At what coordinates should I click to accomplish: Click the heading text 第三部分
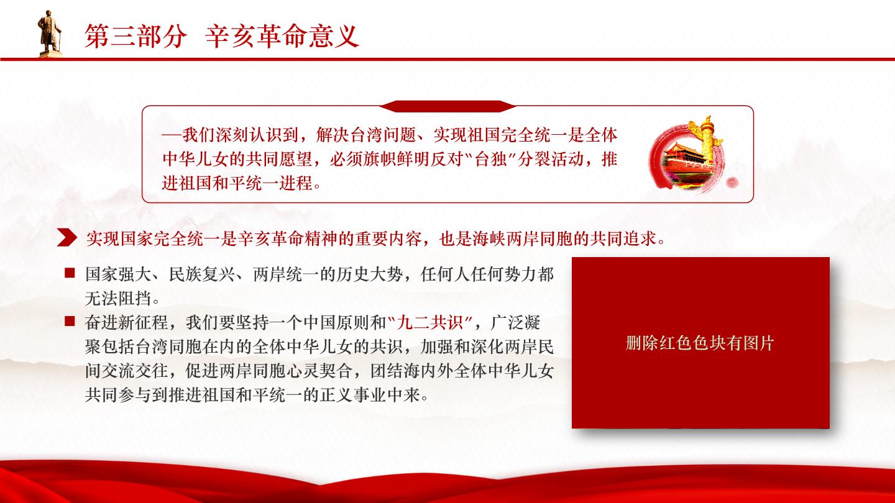[x=136, y=36]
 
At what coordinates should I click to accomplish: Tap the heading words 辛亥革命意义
[x=282, y=36]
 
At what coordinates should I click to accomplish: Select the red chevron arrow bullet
[x=67, y=238]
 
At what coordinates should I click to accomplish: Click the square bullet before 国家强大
[x=70, y=273]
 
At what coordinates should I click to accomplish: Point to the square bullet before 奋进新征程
[x=70, y=322]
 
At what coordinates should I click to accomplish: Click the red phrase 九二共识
[x=429, y=322]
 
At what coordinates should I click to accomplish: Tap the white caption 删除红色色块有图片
[x=700, y=343]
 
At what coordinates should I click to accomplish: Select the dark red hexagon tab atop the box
[x=447, y=106]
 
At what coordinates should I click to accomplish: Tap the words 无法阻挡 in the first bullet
[x=118, y=298]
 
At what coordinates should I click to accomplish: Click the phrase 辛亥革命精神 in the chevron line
[x=288, y=238]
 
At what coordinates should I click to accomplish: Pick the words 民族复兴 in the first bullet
[x=202, y=274]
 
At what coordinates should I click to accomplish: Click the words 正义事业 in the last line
[x=353, y=395]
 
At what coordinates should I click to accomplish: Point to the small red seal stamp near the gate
[x=732, y=183]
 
